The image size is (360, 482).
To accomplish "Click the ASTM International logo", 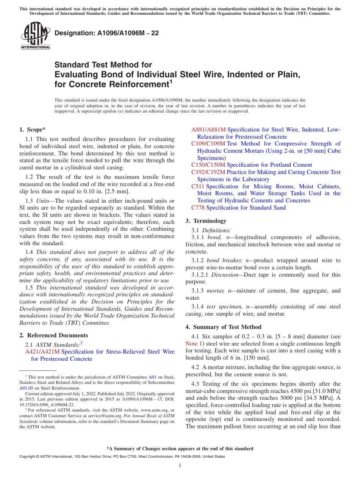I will pyautogui.click(x=35, y=35).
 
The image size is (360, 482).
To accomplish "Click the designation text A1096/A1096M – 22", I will pyautogui.click(x=106, y=33).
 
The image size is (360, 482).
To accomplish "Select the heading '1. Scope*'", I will pyautogui.click(x=33, y=129).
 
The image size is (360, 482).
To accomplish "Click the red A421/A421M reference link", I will pyautogui.click(x=42, y=352).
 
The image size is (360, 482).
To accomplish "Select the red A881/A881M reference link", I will pyautogui.click(x=208, y=130).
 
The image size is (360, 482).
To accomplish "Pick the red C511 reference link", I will pyautogui.click(x=198, y=186).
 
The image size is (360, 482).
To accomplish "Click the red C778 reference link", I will pyautogui.click(x=198, y=207).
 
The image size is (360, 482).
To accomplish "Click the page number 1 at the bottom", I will pyautogui.click(x=180, y=465).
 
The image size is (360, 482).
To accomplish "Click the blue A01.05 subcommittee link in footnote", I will pyautogui.click(x=26, y=388).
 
